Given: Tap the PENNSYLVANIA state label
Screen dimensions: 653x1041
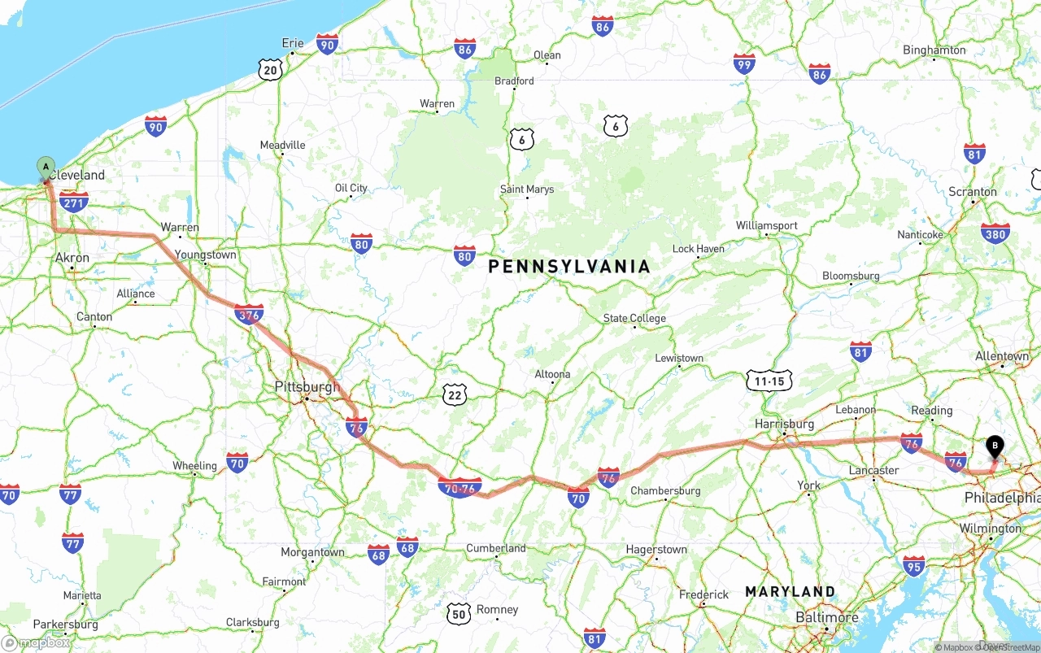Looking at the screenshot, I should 569,267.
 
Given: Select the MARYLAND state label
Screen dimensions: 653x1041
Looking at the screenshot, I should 790,591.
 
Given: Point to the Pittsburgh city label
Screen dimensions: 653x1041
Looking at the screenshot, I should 307,386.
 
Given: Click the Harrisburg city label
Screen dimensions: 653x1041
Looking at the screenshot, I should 784,424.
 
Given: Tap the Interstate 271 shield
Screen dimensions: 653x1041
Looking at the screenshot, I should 74,201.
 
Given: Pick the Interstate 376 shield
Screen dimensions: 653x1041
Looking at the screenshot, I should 248,314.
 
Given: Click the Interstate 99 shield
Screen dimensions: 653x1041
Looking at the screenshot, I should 743,64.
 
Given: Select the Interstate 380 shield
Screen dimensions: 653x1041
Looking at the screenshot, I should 995,234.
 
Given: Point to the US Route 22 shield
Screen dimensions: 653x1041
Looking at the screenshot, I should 455,395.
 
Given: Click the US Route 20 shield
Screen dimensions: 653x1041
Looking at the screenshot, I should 271,70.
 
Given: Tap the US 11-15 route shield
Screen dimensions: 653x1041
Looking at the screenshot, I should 769,381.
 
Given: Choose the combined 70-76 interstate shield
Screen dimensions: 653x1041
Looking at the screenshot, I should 460,488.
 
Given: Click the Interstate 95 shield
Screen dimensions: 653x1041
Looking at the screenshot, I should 913,566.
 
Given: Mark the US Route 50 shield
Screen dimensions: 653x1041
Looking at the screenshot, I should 459,614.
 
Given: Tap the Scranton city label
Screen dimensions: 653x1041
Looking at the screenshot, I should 973,192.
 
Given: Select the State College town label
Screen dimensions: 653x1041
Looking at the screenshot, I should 634,318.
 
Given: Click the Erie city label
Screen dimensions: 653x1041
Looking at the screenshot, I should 293,43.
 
